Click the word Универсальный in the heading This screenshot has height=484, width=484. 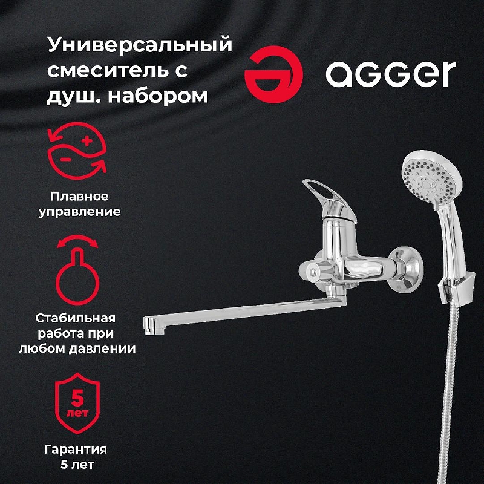pyautogui.click(x=140, y=45)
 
